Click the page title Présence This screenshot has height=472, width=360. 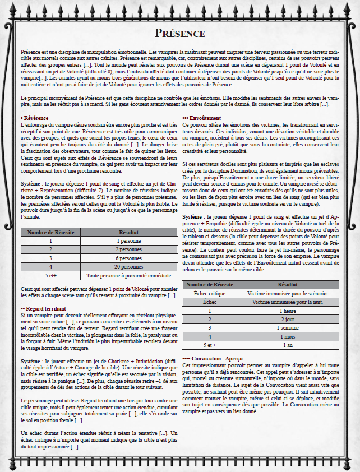(x=180, y=33)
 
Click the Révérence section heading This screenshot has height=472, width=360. (x=35, y=118)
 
